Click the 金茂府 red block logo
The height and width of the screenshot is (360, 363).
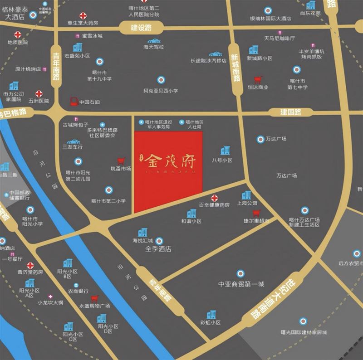pos(168,172)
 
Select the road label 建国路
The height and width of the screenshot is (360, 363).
pos(291,112)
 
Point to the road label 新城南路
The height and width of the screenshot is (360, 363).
pos(235,68)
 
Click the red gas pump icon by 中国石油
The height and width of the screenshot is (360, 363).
pos(74,102)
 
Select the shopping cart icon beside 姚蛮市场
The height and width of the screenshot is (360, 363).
pos(121,161)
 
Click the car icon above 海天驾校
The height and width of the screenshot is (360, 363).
pos(154,40)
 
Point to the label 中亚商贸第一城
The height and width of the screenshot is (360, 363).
pos(241,284)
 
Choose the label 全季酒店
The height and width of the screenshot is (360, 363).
pos(158,249)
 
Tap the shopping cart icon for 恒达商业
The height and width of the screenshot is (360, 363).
pos(258,79)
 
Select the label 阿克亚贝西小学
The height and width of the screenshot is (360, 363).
pos(161,91)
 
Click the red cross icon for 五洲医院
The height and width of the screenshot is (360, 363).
pos(39,94)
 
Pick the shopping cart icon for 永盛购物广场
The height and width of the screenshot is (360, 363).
pos(95,298)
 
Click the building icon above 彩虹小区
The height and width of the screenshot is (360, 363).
pos(211,314)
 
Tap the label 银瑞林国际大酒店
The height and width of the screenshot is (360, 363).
pos(270,19)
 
